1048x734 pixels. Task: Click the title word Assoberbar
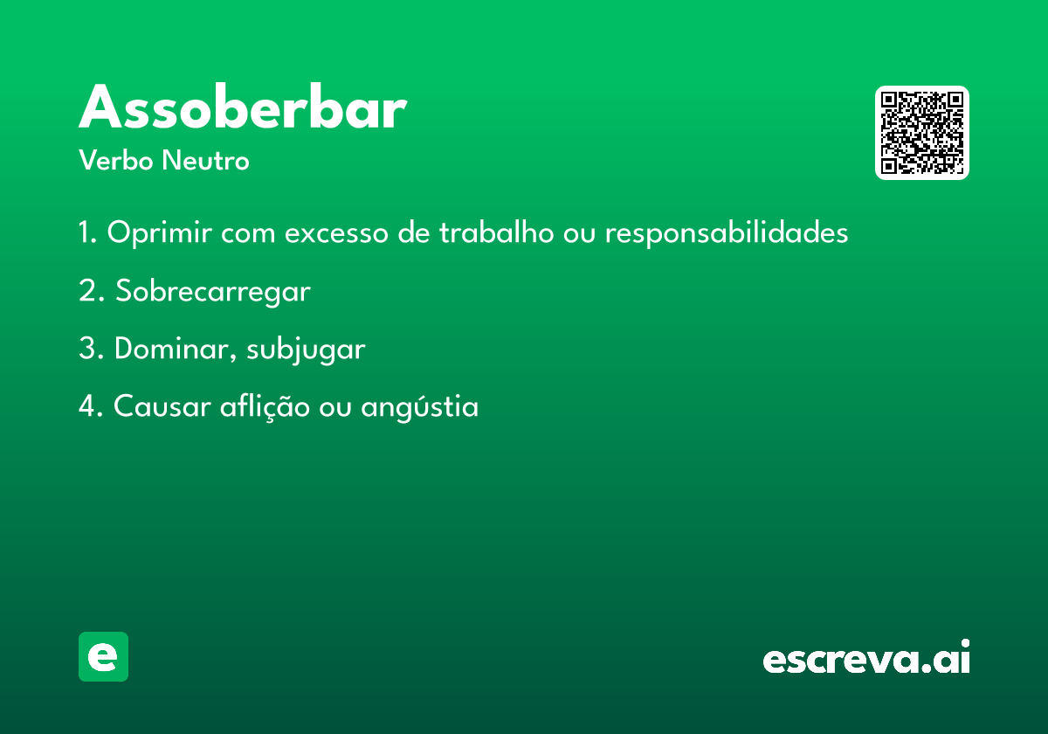[243, 107]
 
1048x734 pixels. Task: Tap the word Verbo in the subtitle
[116, 160]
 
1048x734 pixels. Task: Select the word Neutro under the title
[205, 160]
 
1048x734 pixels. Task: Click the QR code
[921, 133]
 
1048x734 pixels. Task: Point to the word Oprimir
[159, 232]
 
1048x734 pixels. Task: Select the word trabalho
[496, 232]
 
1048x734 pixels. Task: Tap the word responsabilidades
[727, 232]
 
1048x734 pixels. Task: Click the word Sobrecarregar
[213, 292]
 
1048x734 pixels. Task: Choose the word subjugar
[306, 350]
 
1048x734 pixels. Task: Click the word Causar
[162, 405]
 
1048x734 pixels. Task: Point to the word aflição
[265, 407]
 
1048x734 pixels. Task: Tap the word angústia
[420, 407]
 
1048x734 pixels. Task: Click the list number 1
[87, 232]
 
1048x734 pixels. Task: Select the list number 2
[91, 290]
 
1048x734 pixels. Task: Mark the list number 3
[91, 349]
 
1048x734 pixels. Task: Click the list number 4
[91, 405]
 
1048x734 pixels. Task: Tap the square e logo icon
[103, 656]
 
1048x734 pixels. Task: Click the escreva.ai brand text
[866, 656]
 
